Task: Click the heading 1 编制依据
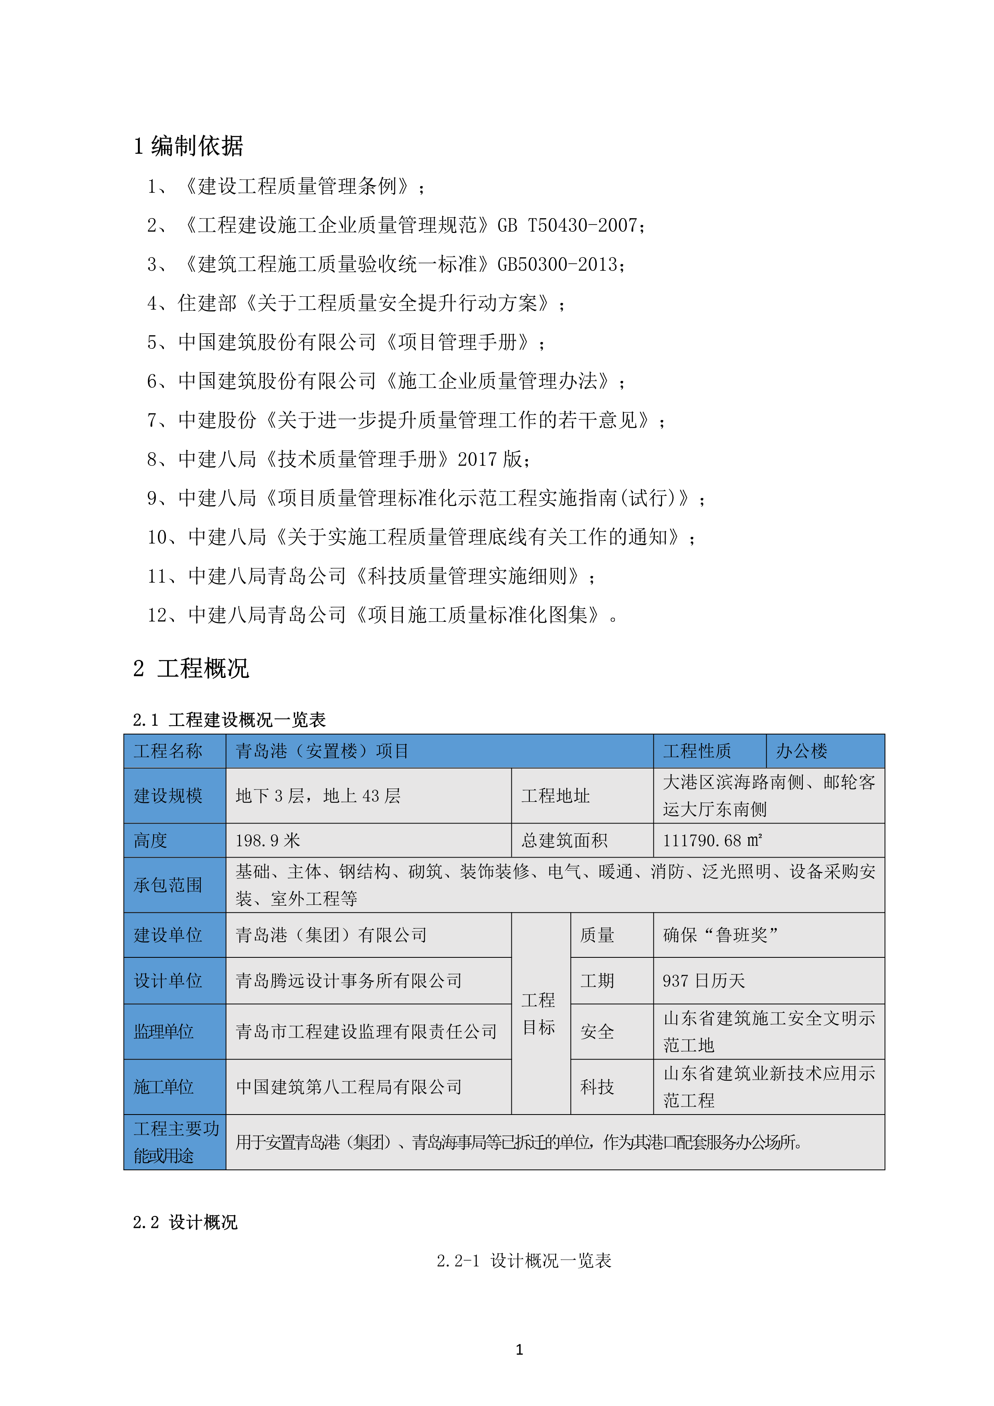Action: click(188, 146)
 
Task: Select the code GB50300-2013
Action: click(560, 265)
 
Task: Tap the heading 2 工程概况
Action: click(191, 668)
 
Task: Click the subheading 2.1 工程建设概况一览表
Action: click(229, 720)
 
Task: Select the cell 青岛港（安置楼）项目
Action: click(322, 751)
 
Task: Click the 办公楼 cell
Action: click(801, 751)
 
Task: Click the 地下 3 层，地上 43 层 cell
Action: click(318, 795)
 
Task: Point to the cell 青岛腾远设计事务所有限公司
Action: click(349, 980)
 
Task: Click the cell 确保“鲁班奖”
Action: click(720, 935)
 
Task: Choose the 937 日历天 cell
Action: click(704, 980)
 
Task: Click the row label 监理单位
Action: click(164, 1032)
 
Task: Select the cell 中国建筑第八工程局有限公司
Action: click(349, 1087)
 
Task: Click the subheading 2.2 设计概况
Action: click(185, 1222)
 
